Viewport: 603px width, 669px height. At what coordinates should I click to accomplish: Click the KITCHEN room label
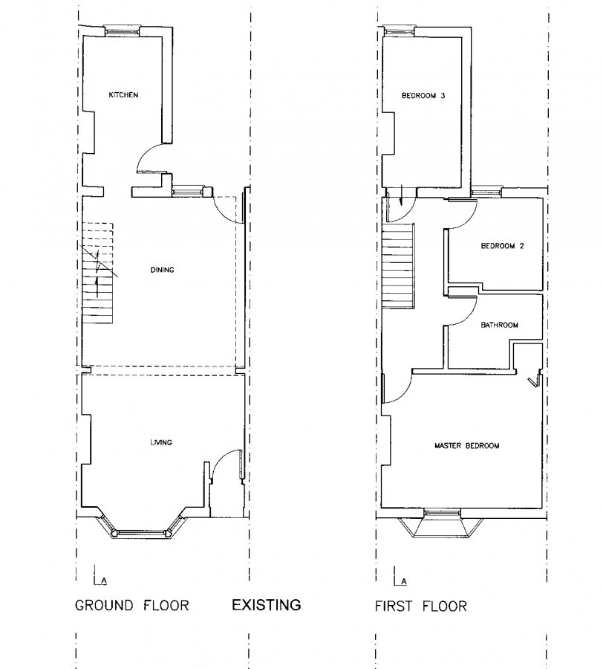tap(124, 95)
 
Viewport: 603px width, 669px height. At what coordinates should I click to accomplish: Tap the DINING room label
tap(161, 270)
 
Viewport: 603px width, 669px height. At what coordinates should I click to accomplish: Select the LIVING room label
tap(160, 442)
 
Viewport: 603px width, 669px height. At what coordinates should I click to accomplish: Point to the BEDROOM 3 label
tap(423, 95)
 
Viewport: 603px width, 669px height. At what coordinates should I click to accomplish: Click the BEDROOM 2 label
tap(503, 246)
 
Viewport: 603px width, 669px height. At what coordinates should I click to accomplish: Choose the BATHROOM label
tap(498, 325)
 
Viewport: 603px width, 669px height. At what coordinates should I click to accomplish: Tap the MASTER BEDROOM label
tap(466, 446)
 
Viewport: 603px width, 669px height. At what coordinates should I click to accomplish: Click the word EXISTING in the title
tap(267, 604)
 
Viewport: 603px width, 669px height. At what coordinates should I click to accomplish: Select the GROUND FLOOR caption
tap(132, 606)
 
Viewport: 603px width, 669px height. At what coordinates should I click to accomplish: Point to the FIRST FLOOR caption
tap(420, 606)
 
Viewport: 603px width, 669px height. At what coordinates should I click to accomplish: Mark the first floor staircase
tap(397, 266)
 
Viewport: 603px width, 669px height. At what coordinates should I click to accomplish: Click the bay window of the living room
tap(143, 530)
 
